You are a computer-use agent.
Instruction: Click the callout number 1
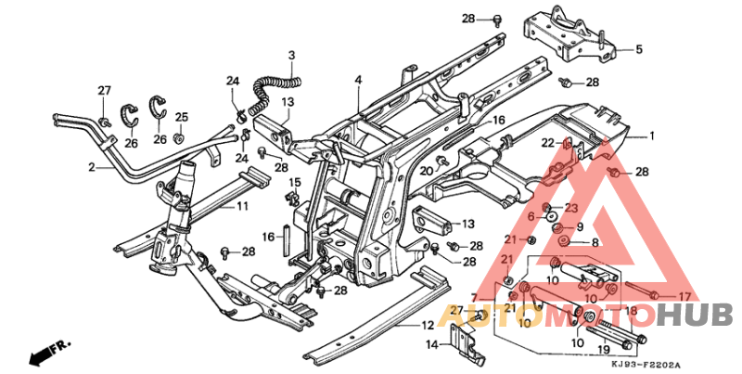coord(651,135)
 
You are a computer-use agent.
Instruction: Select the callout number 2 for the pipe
coord(92,168)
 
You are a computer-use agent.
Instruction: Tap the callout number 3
coord(290,56)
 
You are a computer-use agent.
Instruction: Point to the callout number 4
coord(357,82)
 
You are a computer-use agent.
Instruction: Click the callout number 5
coord(638,49)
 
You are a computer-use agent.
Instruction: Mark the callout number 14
coord(431,345)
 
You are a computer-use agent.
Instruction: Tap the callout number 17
coord(684,297)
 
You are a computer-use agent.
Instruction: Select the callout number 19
coord(604,350)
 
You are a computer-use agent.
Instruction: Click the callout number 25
coord(182,117)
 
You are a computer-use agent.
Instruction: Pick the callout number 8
coord(595,242)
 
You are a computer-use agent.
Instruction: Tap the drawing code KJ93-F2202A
coord(647,365)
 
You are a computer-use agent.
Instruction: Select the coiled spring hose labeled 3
coord(271,90)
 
